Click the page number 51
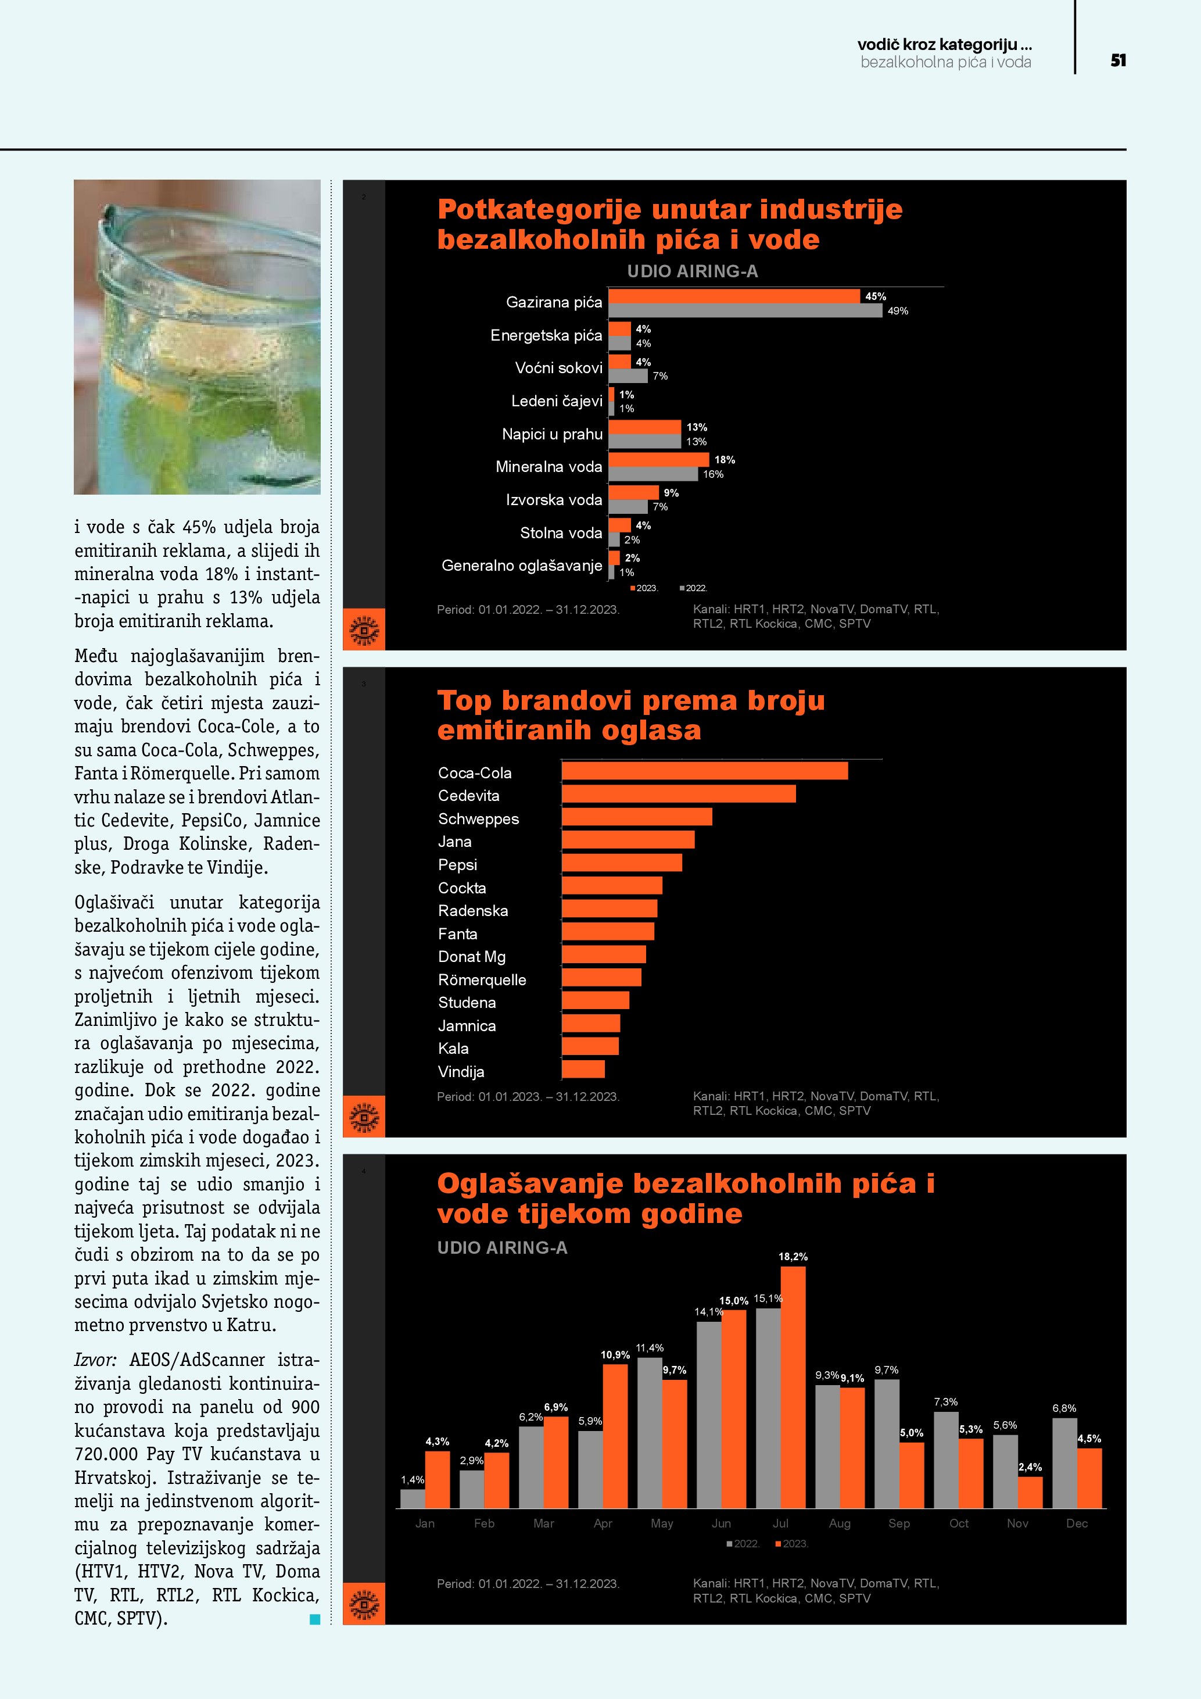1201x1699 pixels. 1117,60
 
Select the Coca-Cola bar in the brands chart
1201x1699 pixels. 704,771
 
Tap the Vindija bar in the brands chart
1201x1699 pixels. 583,1070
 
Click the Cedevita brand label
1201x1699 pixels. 468,796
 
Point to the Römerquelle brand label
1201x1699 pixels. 482,980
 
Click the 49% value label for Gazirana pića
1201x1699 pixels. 897,311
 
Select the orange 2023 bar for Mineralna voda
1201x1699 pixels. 658,460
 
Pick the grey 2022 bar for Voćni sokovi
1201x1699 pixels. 628,376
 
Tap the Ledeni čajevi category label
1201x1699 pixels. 556,401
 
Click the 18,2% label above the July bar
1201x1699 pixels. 793,1257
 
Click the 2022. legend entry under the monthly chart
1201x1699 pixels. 743,1544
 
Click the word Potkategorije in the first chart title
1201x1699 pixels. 539,209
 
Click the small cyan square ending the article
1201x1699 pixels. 314,1619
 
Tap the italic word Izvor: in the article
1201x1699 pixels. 95,1360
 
